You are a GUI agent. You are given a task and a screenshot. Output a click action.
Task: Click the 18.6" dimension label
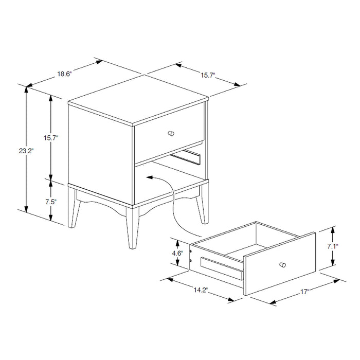[64, 74]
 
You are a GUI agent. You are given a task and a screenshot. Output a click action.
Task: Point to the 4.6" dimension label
[177, 253]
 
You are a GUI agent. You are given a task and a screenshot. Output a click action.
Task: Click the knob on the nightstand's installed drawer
[171, 134]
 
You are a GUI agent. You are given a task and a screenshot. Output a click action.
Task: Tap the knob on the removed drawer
[281, 264]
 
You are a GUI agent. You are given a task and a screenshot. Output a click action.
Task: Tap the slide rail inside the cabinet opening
[187, 157]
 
